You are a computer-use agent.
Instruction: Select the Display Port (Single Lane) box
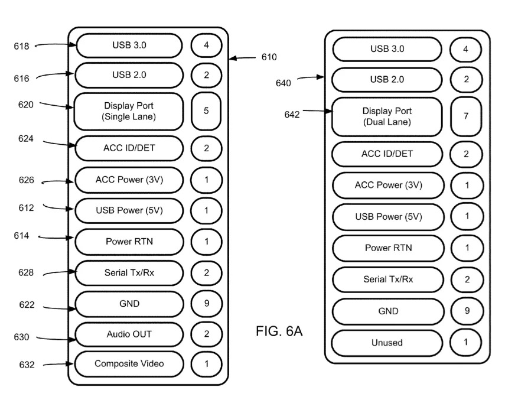(x=128, y=111)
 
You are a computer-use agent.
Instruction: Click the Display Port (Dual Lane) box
(x=387, y=116)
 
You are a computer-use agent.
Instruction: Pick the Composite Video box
(x=128, y=363)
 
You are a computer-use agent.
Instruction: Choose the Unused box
(x=387, y=343)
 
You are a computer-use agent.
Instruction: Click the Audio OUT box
(x=128, y=334)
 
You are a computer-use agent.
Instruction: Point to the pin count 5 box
(x=206, y=111)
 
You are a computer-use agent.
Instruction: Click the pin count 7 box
(x=466, y=116)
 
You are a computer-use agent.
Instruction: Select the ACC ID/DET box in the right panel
(x=387, y=154)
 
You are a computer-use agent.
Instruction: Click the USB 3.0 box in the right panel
(x=387, y=49)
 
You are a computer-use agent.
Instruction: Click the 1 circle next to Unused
(x=466, y=343)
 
